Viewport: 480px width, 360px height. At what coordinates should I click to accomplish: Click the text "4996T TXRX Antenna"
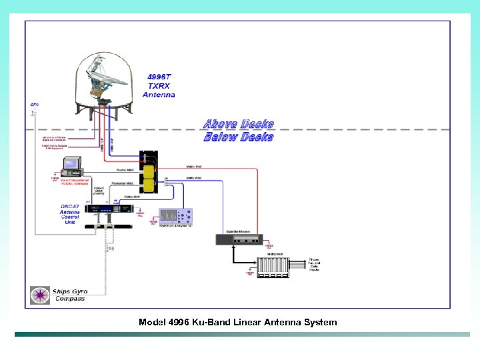159,86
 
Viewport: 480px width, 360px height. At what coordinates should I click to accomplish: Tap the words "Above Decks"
238,125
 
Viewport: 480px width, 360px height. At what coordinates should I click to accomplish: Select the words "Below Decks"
238,137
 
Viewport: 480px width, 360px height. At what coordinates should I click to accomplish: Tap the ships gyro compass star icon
40,294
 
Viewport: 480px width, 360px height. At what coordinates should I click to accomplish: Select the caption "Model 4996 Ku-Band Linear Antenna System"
238,323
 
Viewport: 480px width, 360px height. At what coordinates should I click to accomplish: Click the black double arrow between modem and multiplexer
233,254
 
